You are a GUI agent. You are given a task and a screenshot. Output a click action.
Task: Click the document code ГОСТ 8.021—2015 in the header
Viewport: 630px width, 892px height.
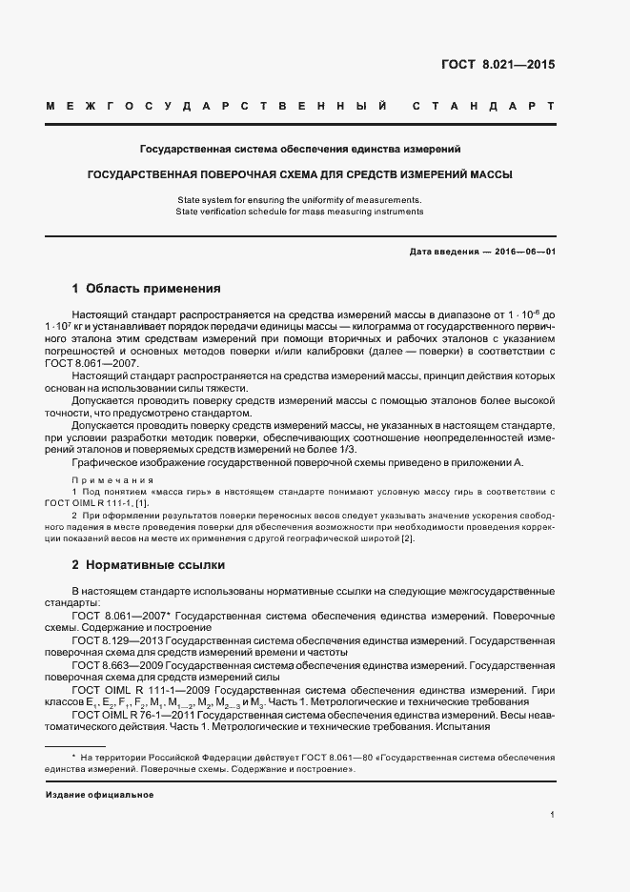(x=497, y=65)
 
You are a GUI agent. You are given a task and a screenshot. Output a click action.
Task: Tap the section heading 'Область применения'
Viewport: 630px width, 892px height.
(x=153, y=288)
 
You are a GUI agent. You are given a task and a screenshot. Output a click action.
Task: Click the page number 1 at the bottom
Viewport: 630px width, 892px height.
(x=553, y=814)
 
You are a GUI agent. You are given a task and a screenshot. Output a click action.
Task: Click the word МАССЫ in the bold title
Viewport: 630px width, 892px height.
(x=486, y=175)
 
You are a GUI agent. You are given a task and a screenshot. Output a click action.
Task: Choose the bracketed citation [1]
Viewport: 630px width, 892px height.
(x=142, y=502)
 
